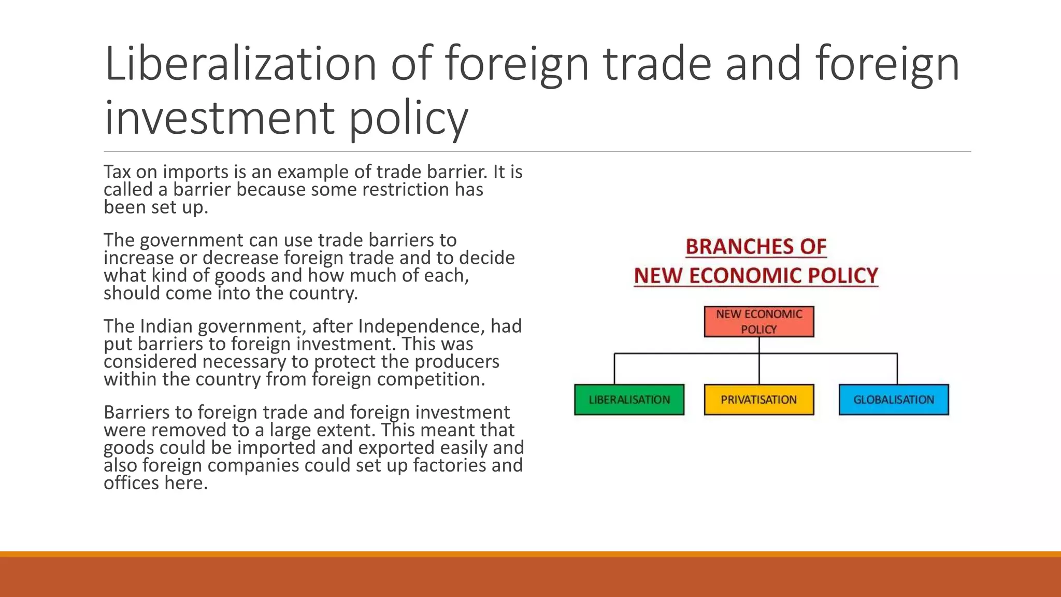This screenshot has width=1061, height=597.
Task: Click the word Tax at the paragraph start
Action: pos(117,172)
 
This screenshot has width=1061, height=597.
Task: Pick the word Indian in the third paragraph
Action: pos(166,326)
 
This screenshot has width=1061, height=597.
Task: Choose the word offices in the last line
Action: pos(132,483)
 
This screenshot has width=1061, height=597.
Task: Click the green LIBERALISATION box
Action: pos(629,400)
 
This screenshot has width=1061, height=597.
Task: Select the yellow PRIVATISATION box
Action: pos(758,400)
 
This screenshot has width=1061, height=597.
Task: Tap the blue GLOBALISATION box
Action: pos(894,400)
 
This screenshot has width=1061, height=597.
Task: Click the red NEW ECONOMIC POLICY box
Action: pos(758,321)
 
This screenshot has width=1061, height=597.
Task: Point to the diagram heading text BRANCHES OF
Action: pos(756,247)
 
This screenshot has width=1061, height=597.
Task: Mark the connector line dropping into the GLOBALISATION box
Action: pos(897,369)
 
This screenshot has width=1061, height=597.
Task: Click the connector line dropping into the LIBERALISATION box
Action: pos(614,369)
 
